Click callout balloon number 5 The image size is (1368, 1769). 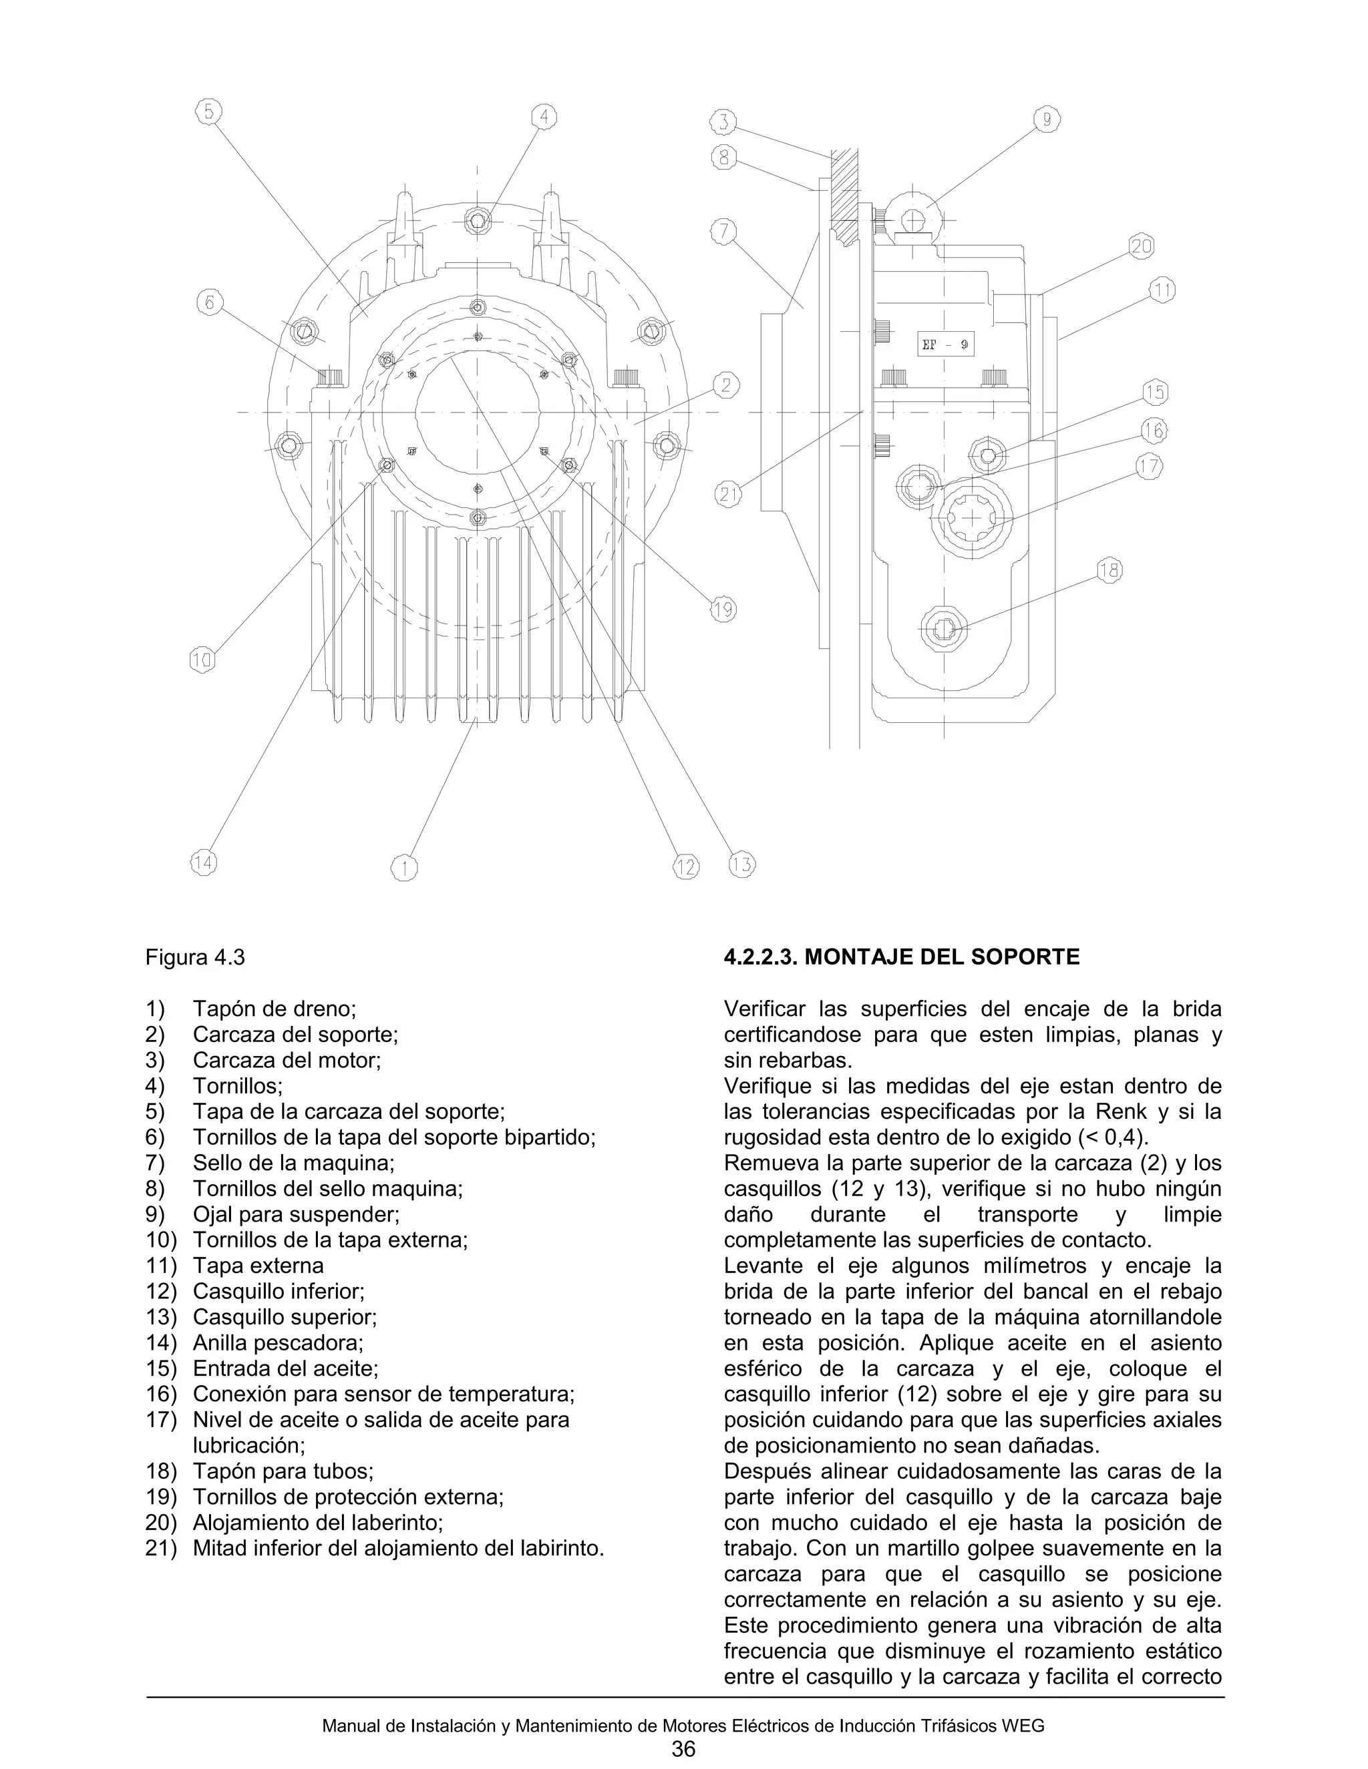(x=209, y=111)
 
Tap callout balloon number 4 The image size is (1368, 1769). (x=544, y=117)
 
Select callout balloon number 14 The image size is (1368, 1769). (x=204, y=863)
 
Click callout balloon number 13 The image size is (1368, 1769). (x=741, y=864)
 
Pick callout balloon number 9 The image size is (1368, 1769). (x=1047, y=120)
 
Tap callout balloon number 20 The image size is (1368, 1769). (x=1141, y=246)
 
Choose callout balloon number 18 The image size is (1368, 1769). (x=1109, y=570)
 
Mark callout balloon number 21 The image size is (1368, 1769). (x=729, y=493)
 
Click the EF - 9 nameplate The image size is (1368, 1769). (x=945, y=344)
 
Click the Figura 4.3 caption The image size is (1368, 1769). (x=194, y=957)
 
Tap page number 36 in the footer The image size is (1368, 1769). (x=683, y=1749)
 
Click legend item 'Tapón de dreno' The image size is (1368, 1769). (x=274, y=1009)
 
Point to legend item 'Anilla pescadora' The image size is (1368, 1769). (x=278, y=1342)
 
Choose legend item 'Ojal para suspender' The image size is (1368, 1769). (x=296, y=1214)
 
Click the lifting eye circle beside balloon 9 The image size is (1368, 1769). (x=912, y=217)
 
